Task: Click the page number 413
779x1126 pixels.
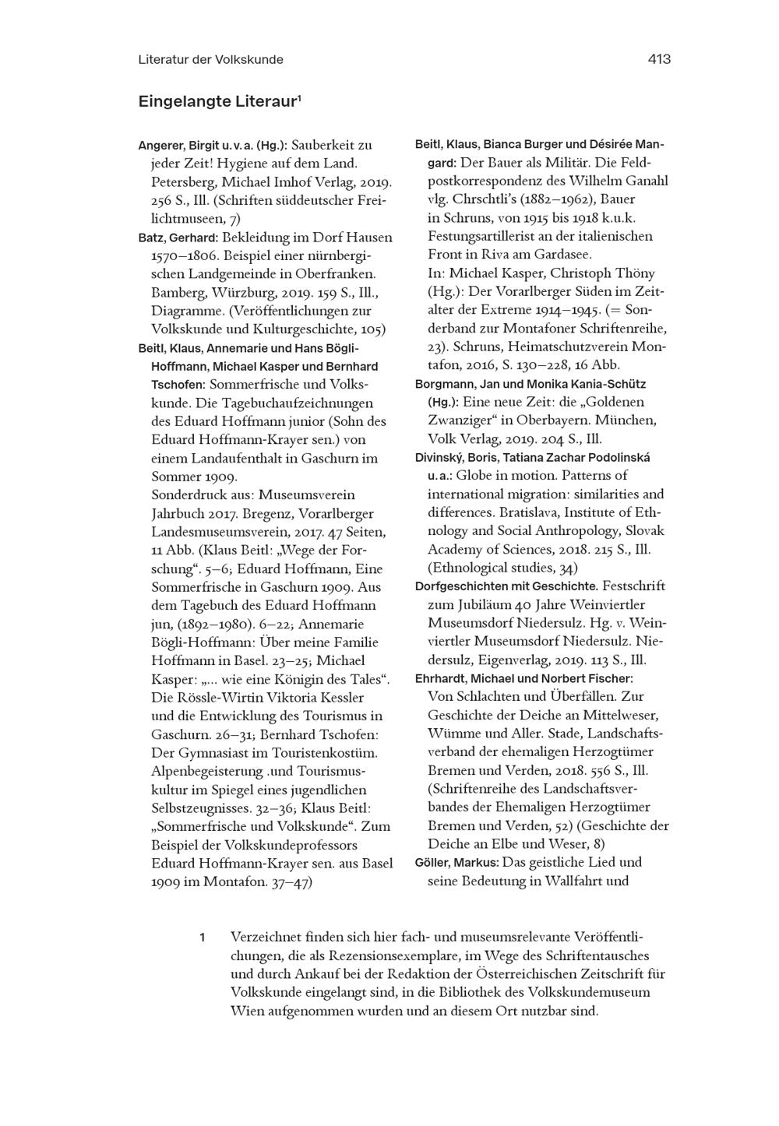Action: (658, 59)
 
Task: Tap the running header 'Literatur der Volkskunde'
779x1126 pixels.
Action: (210, 59)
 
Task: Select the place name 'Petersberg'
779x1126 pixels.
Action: (182, 182)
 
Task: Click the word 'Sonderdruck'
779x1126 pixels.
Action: (186, 495)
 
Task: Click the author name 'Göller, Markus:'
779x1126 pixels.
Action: (456, 863)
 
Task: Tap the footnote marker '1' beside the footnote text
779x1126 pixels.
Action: (202, 938)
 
